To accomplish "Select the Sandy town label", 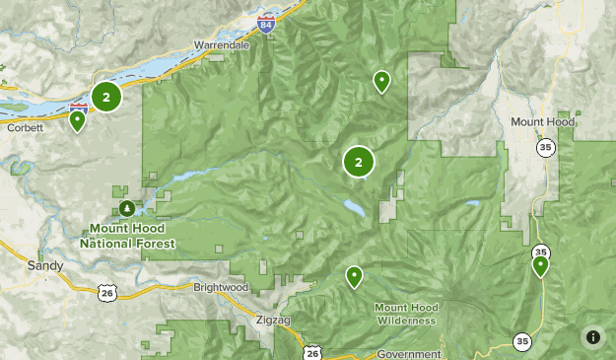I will coord(45,265).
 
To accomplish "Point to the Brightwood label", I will coord(221,286).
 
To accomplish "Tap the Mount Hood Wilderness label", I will coord(405,314).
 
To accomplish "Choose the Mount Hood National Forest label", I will coord(128,236).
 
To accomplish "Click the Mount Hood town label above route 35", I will coord(541,121).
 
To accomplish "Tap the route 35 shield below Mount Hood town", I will coord(545,147).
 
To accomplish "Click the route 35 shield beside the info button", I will coord(520,341).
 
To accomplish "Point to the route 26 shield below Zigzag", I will coord(312,352).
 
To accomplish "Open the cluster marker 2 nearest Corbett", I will coord(106,96).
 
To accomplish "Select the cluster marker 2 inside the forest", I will coord(359,163).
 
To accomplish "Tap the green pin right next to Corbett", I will coord(77,121).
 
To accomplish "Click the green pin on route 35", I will coord(540,265).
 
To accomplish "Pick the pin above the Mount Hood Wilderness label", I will coord(355,277).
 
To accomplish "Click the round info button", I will coord(592,336).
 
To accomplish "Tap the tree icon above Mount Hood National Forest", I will coord(128,208).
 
